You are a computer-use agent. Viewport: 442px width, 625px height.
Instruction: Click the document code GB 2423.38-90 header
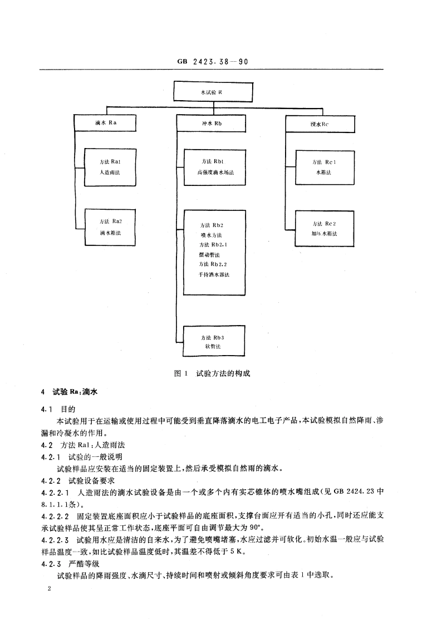212,63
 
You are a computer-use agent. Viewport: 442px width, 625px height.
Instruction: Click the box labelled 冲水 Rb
211,123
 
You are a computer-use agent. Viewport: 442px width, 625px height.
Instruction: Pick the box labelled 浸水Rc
320,124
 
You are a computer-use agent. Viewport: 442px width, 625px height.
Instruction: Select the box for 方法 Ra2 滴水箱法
110,227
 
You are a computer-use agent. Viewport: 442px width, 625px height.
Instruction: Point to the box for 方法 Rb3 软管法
214,342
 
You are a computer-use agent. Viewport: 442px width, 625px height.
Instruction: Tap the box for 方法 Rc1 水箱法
323,167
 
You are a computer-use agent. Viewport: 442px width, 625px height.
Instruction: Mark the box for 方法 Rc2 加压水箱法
323,229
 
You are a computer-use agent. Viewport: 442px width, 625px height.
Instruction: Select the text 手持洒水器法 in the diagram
214,275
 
